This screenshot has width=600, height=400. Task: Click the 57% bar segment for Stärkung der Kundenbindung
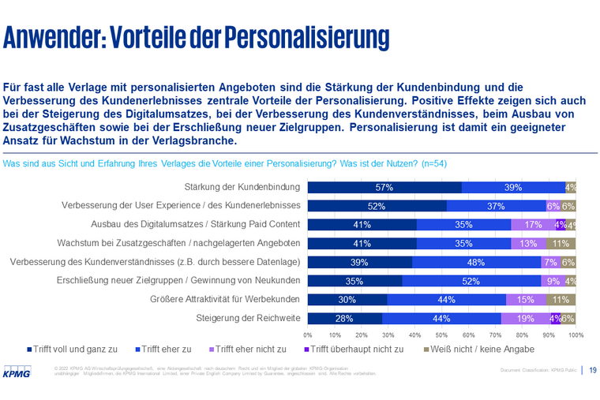(384, 188)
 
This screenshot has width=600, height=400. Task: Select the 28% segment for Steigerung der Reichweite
(344, 319)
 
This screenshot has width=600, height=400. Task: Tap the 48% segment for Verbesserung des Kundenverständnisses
(476, 262)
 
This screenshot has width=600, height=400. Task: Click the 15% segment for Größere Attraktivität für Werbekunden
(526, 300)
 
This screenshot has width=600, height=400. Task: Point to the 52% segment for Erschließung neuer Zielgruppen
(471, 281)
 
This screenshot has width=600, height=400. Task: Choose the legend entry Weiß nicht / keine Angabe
(481, 348)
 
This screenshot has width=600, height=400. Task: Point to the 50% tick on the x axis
(441, 335)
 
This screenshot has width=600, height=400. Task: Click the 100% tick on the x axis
(575, 335)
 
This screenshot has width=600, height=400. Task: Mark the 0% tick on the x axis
(308, 335)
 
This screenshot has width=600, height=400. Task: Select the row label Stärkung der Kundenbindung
(242, 188)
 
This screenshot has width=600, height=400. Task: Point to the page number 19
(592, 369)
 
